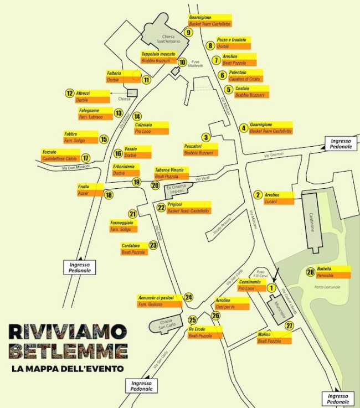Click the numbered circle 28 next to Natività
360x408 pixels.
pos(310,271)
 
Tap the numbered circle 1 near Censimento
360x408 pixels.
pos(271,287)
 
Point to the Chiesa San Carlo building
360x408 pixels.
pos(167,324)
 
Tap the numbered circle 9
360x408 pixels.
pos(188,33)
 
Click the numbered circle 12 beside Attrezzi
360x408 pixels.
pos(70,94)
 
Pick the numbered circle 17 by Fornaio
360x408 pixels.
pos(86,158)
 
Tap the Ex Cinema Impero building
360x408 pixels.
pos(176,192)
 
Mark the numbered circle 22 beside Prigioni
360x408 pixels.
pos(161,207)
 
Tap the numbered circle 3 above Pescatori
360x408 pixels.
pos(205,137)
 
